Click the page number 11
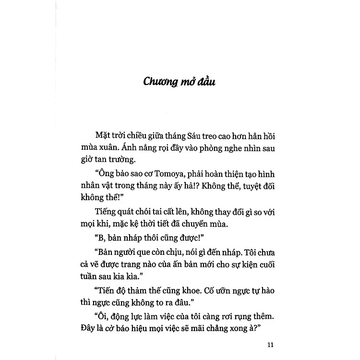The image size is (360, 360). pos(269,344)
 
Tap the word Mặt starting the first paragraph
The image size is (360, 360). pos(103,135)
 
